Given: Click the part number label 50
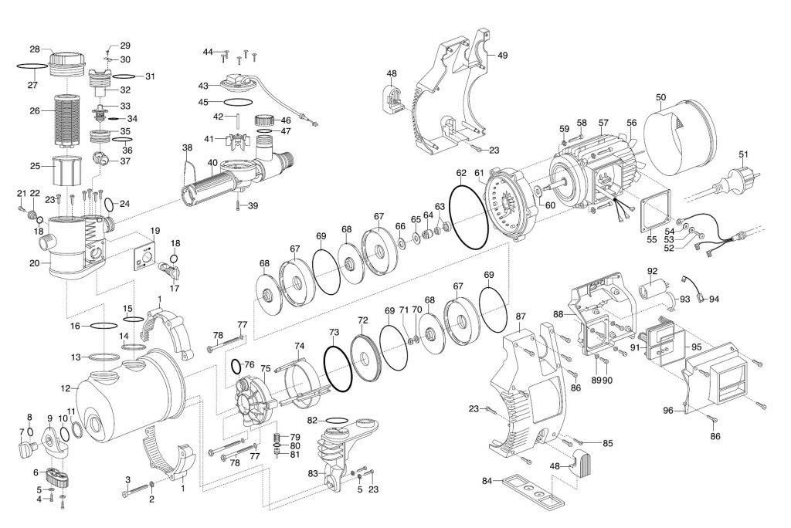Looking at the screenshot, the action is [x=661, y=96].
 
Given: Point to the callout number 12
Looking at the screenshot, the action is [x=66, y=389].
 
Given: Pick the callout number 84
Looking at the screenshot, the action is [x=487, y=481].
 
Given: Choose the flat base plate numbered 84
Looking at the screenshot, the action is [x=534, y=491].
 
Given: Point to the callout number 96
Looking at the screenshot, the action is [x=668, y=411].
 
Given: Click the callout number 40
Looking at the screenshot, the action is [x=212, y=163].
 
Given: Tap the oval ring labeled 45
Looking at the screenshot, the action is [x=238, y=103].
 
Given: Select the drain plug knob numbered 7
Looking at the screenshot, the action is [x=26, y=448].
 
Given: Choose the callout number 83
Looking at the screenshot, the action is [x=314, y=473].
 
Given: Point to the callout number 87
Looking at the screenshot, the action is [x=521, y=316].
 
